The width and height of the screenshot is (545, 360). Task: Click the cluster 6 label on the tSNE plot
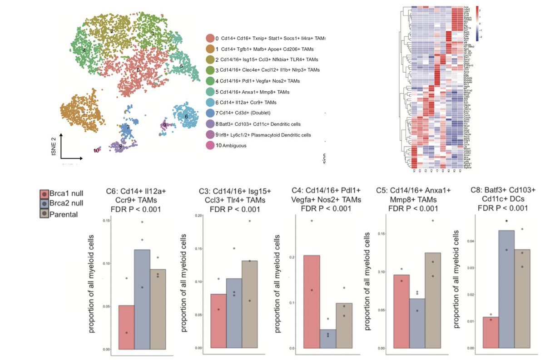pos(186,117)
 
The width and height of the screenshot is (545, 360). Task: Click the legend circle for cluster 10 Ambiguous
pos(210,145)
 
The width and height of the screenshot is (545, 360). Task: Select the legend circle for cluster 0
pos(210,39)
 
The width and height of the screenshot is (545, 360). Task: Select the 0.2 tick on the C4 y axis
pos(282,257)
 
